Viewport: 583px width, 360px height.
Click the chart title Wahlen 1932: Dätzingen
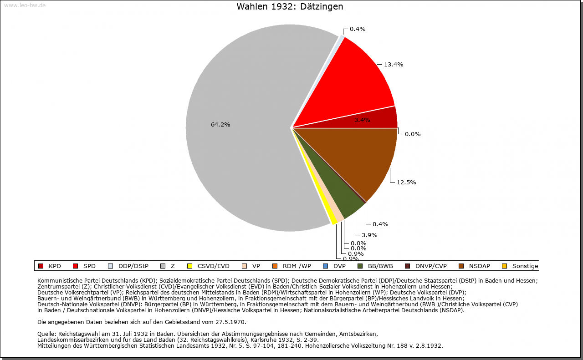pyautogui.click(x=290, y=7)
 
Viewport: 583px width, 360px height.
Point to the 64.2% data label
pyautogui.click(x=220, y=125)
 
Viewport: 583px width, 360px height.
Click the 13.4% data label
pyautogui.click(x=394, y=65)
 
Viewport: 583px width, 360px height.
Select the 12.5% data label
pyautogui.click(x=406, y=183)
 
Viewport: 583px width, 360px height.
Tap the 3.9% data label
pyautogui.click(x=369, y=235)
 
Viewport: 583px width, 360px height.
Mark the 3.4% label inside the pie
pyautogui.click(x=362, y=120)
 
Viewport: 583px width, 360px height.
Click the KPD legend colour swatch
pyautogui.click(x=41, y=266)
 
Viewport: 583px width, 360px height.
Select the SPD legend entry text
pyautogui.click(x=89, y=266)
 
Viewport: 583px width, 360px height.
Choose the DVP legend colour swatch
pyautogui.click(x=325, y=266)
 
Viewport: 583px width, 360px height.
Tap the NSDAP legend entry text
pyautogui.click(x=480, y=266)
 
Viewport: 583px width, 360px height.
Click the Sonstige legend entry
pyautogui.click(x=525, y=266)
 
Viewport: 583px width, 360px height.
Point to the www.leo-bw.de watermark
pyautogui.click(x=25, y=5)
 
